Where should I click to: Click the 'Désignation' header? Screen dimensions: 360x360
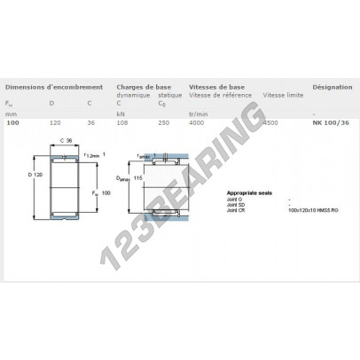point(331,87)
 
